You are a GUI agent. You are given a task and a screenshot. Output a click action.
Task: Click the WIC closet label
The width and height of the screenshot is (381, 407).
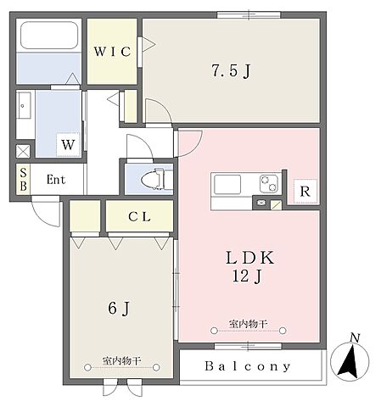coord(112,52)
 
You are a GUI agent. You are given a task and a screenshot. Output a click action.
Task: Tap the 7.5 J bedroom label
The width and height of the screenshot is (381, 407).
coord(231,70)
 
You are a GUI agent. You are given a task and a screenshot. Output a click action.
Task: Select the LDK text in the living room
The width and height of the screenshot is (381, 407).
coord(249,257)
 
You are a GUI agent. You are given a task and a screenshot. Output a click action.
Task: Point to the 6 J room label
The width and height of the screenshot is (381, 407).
coord(119,308)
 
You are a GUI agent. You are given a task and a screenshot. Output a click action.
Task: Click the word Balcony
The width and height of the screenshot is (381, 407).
coord(248,366)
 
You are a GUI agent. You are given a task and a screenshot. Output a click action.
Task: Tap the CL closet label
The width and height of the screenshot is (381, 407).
coord(139,217)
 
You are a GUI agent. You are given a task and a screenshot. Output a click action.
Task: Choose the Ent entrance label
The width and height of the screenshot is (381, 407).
coord(56,180)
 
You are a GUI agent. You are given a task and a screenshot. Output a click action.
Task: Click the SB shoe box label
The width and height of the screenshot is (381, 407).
coord(24,179)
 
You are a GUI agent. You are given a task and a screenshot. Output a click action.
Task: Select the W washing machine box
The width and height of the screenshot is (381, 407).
coord(68,144)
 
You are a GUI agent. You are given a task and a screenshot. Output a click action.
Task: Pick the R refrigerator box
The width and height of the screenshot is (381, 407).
coord(305,192)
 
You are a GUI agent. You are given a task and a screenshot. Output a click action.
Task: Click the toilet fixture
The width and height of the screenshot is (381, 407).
coord(153,179)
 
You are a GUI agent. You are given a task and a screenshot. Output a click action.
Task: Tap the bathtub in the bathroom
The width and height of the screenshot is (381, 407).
coord(49,35)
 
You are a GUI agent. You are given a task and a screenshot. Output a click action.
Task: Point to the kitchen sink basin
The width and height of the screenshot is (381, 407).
coord(227,184)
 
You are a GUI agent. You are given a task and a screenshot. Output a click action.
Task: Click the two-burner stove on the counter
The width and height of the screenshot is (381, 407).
coord(269,183)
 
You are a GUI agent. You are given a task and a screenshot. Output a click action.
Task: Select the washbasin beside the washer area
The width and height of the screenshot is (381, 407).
coord(24,105)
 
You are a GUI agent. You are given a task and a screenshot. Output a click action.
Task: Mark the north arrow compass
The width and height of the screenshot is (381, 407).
coord(350,362)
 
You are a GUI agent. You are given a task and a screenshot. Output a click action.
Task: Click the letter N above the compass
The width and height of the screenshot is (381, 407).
coord(355,337)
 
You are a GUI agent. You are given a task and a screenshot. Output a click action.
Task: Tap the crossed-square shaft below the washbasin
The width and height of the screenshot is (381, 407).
coord(23,151)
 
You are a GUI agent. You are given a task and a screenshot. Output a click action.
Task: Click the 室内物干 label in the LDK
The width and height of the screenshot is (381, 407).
coord(248,324)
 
